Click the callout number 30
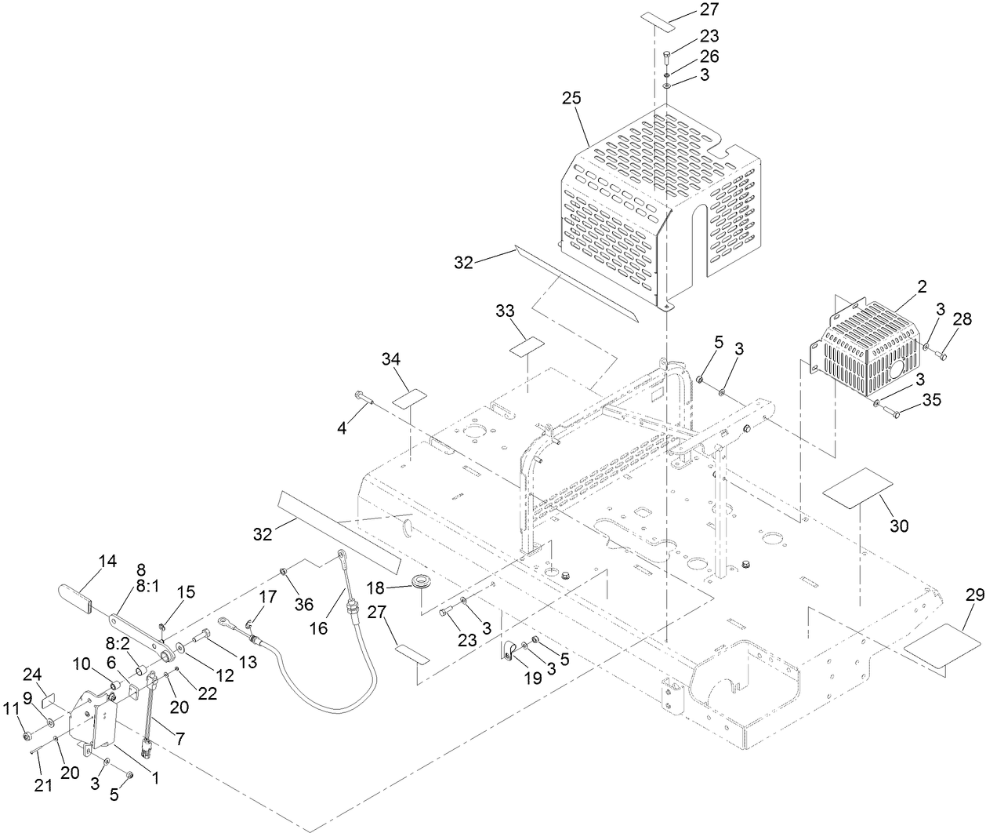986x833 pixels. click(899, 526)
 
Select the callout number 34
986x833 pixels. click(391, 359)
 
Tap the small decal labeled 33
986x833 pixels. click(527, 347)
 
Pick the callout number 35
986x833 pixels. click(930, 400)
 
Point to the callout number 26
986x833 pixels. click(709, 56)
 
